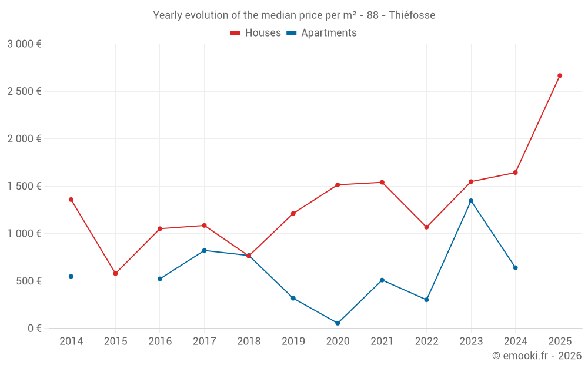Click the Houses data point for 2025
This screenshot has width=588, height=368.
pyautogui.click(x=560, y=75)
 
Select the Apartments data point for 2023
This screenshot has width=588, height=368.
pyautogui.click(x=471, y=201)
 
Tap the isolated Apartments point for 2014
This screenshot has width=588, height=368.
pyautogui.click(x=71, y=276)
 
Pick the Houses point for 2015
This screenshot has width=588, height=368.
pyautogui.click(x=115, y=274)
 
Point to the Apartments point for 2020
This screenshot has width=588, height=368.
pyautogui.click(x=338, y=323)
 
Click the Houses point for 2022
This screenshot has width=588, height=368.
pyautogui.click(x=426, y=227)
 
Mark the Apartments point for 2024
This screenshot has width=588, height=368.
pyautogui.click(x=515, y=267)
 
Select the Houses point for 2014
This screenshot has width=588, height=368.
pyautogui.click(x=71, y=200)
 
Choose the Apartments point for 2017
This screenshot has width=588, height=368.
pyautogui.click(x=204, y=250)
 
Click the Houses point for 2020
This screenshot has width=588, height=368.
pyautogui.click(x=338, y=185)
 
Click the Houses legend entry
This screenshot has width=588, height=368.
pyautogui.click(x=256, y=33)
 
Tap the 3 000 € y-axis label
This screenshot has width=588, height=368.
pyautogui.click(x=25, y=44)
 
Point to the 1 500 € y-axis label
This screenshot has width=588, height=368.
pyautogui.click(x=25, y=186)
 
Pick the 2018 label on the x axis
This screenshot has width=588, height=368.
pyautogui.click(x=249, y=342)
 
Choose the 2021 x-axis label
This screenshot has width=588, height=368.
pyautogui.click(x=382, y=342)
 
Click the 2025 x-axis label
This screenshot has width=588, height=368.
pyautogui.click(x=560, y=342)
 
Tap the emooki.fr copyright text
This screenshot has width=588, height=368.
pyautogui.click(x=537, y=356)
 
